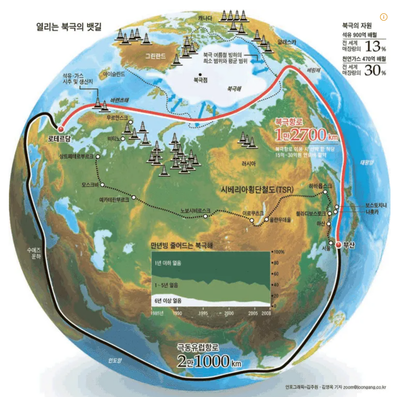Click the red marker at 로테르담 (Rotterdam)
[x=60, y=129]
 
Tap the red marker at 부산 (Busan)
[x=338, y=245]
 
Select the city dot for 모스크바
[x=102, y=185]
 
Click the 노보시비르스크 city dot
[x=205, y=216]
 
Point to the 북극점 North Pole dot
[x=200, y=75]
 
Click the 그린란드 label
[x=155, y=56]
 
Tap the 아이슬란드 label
[x=114, y=74]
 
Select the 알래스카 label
[x=287, y=42]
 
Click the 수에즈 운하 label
[x=34, y=253]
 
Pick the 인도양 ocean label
[x=115, y=360]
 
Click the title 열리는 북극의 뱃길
[x=69, y=26]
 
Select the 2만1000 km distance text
[x=209, y=361]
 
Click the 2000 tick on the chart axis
[x=229, y=313]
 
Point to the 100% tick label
[x=279, y=252]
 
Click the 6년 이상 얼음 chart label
[x=168, y=301]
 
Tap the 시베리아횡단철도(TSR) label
[x=257, y=190]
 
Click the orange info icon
[x=383, y=17]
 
